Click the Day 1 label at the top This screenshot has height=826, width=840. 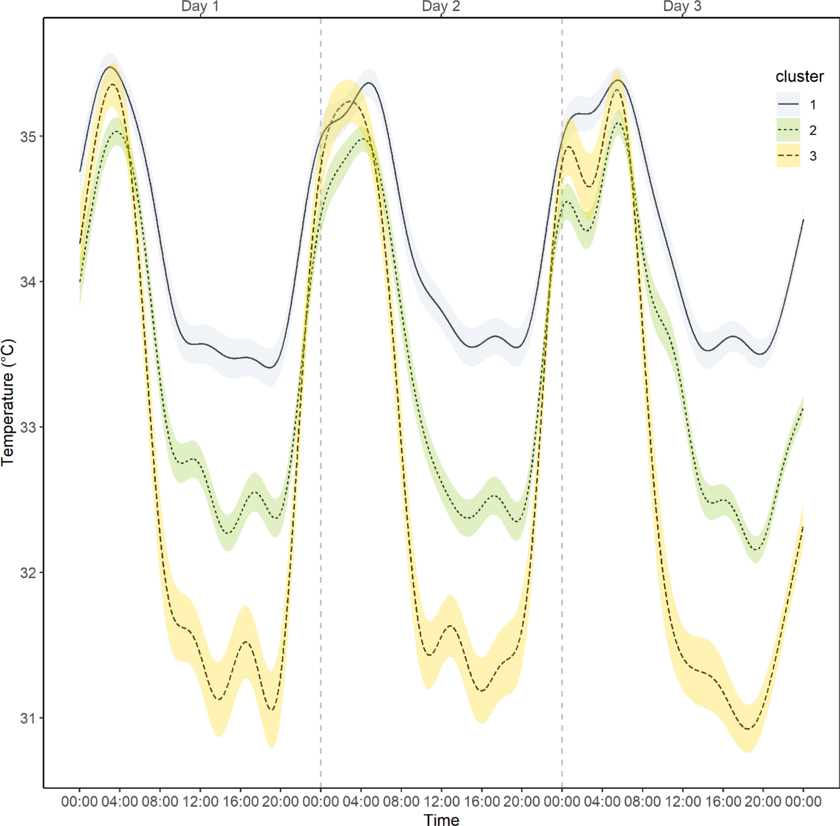point(200,7)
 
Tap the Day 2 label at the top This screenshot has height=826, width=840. point(441,7)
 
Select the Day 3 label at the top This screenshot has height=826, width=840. point(682,7)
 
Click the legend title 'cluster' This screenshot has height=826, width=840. point(800,76)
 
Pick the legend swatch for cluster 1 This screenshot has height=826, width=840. point(788,104)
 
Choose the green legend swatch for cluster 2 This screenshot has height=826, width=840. point(788,130)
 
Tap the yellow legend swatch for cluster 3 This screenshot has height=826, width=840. point(788,155)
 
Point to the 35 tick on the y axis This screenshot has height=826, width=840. point(28,136)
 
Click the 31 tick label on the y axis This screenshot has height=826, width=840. point(28,718)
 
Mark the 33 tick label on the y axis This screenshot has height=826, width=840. point(28,427)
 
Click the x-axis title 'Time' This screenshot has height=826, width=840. point(441,819)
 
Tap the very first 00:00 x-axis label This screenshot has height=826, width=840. point(80,801)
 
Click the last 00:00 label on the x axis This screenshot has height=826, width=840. point(803,801)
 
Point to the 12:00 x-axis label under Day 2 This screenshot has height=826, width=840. point(441,801)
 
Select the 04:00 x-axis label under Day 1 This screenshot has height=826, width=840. point(120,801)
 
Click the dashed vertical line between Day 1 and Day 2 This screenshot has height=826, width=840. point(321,391)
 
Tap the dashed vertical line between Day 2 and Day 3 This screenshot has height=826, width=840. point(562,391)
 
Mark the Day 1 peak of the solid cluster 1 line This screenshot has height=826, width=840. point(110,67)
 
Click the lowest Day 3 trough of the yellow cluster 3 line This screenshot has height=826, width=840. point(747,729)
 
